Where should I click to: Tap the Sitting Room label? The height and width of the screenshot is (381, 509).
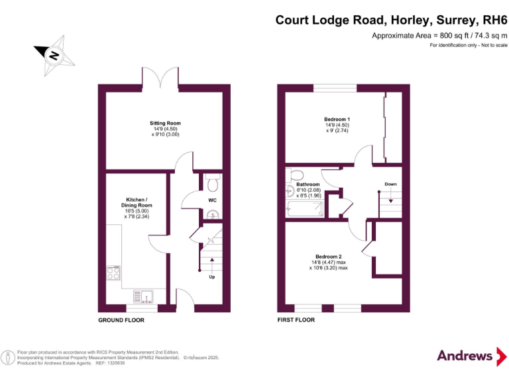(x=165, y=128)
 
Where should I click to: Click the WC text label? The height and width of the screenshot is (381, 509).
(x=212, y=200)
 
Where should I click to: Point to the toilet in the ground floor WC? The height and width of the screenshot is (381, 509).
(x=210, y=181)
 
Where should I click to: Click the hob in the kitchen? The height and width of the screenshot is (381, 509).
(x=113, y=272)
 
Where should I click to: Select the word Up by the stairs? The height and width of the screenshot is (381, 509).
(x=211, y=277)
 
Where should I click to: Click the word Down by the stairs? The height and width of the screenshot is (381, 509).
(x=391, y=184)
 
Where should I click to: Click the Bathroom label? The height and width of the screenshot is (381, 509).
(x=308, y=190)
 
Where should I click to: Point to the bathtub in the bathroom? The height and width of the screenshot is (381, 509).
(x=306, y=210)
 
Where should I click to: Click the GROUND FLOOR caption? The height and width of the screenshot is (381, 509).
(x=121, y=320)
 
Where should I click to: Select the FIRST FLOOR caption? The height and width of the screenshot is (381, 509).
(x=296, y=319)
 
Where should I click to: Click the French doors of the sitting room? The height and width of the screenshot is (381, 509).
(x=160, y=79)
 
